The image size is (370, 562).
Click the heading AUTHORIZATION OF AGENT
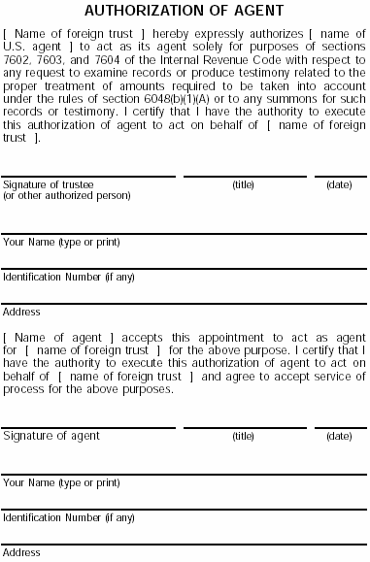coord(185,12)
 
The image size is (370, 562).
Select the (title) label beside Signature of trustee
coord(243,184)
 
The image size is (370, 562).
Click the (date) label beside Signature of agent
coord(339,437)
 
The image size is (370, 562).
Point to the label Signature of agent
coord(51,437)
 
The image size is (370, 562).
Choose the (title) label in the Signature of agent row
coord(243,437)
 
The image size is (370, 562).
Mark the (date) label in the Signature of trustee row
coord(339,184)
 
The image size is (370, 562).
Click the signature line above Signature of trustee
coord(89,177)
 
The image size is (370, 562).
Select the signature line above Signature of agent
coord(89,428)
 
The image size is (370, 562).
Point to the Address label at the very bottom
coord(21,553)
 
